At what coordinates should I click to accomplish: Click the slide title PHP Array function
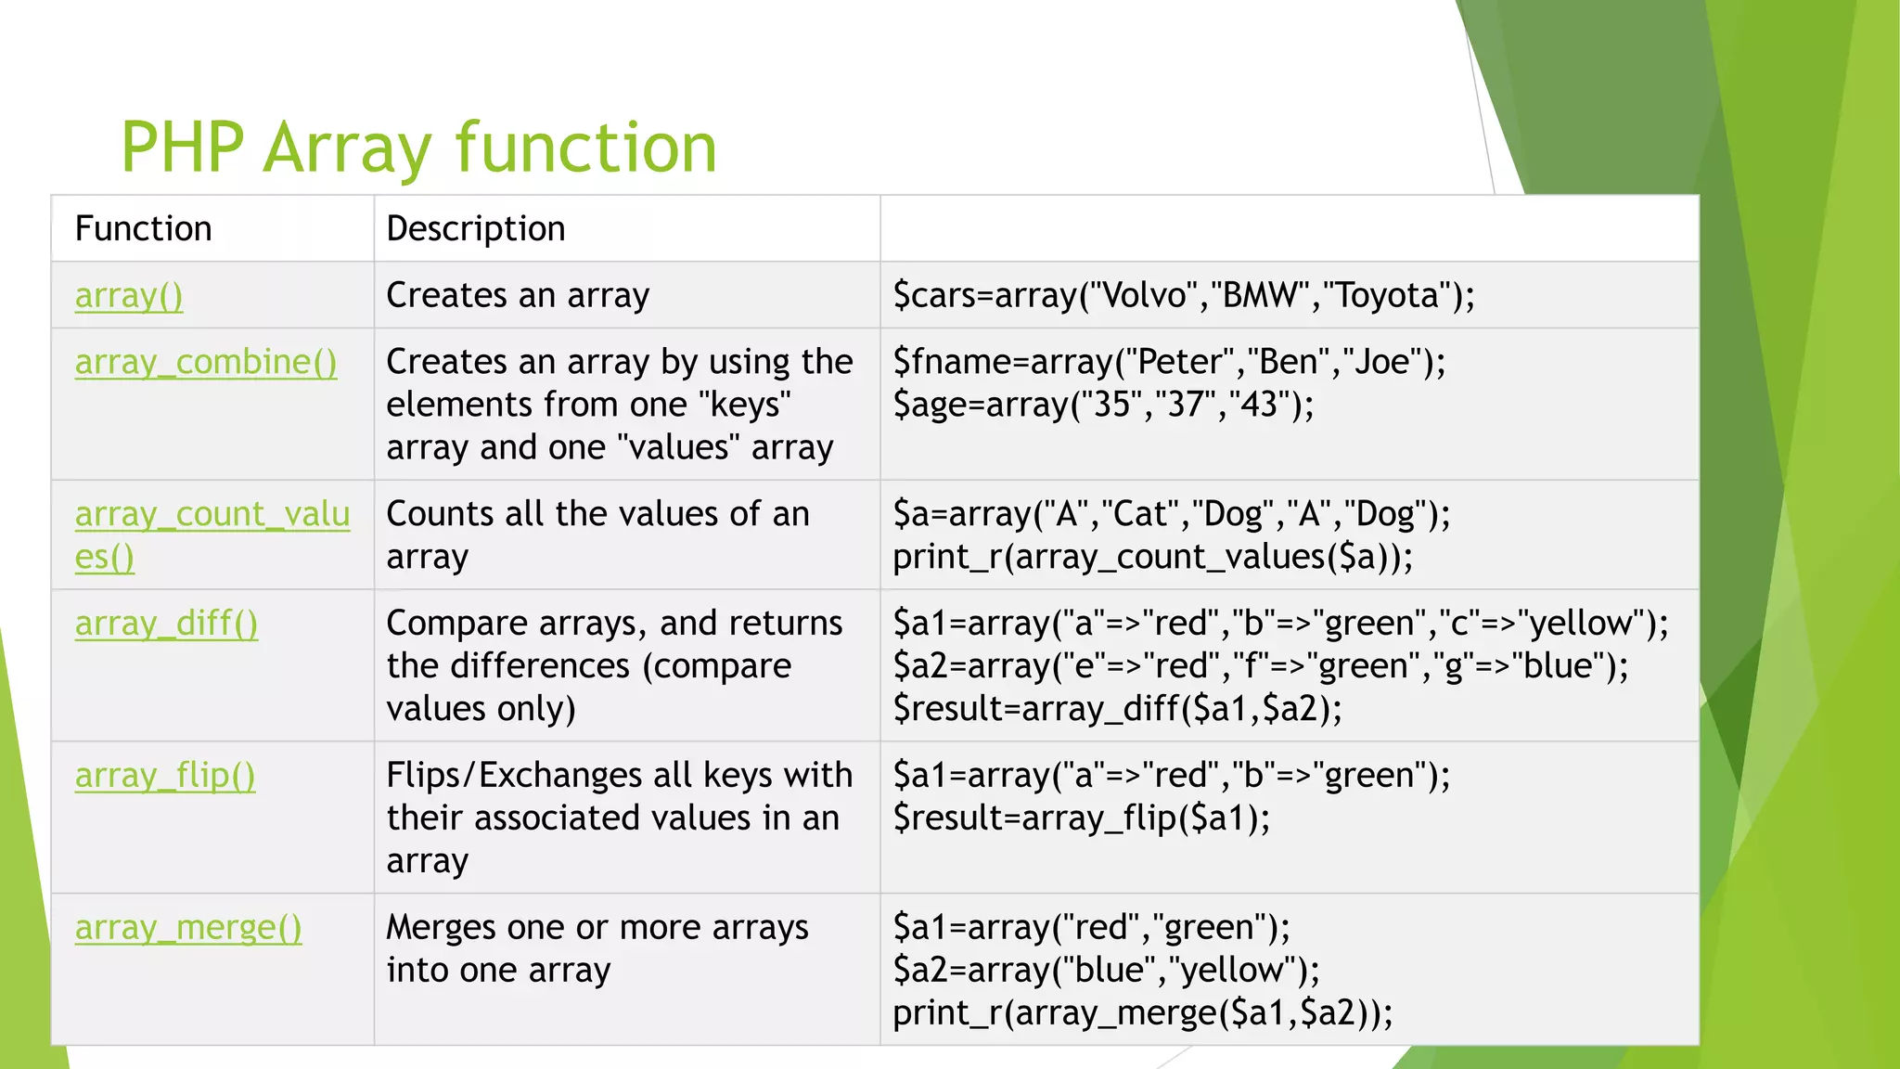pos(418,148)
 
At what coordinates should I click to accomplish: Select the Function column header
pos(143,228)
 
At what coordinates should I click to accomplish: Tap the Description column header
pos(475,228)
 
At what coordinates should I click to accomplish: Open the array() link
pos(128,295)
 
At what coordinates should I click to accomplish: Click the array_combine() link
pos(205,362)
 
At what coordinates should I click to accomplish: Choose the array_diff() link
pos(166,624)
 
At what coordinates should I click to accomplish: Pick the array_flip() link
pos(164,776)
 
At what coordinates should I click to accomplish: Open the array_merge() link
pos(188,928)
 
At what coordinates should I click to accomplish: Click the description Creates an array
pos(518,295)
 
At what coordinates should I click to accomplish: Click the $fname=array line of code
pos(1169,362)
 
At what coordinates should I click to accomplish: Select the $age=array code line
pos(1102,405)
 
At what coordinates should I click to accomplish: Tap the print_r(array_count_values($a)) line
pos(1152,557)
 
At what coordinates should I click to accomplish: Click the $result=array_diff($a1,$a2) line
pos(1117,709)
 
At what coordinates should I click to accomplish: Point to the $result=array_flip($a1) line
pos(1081,818)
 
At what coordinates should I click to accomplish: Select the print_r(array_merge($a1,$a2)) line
pos(1142,1013)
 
